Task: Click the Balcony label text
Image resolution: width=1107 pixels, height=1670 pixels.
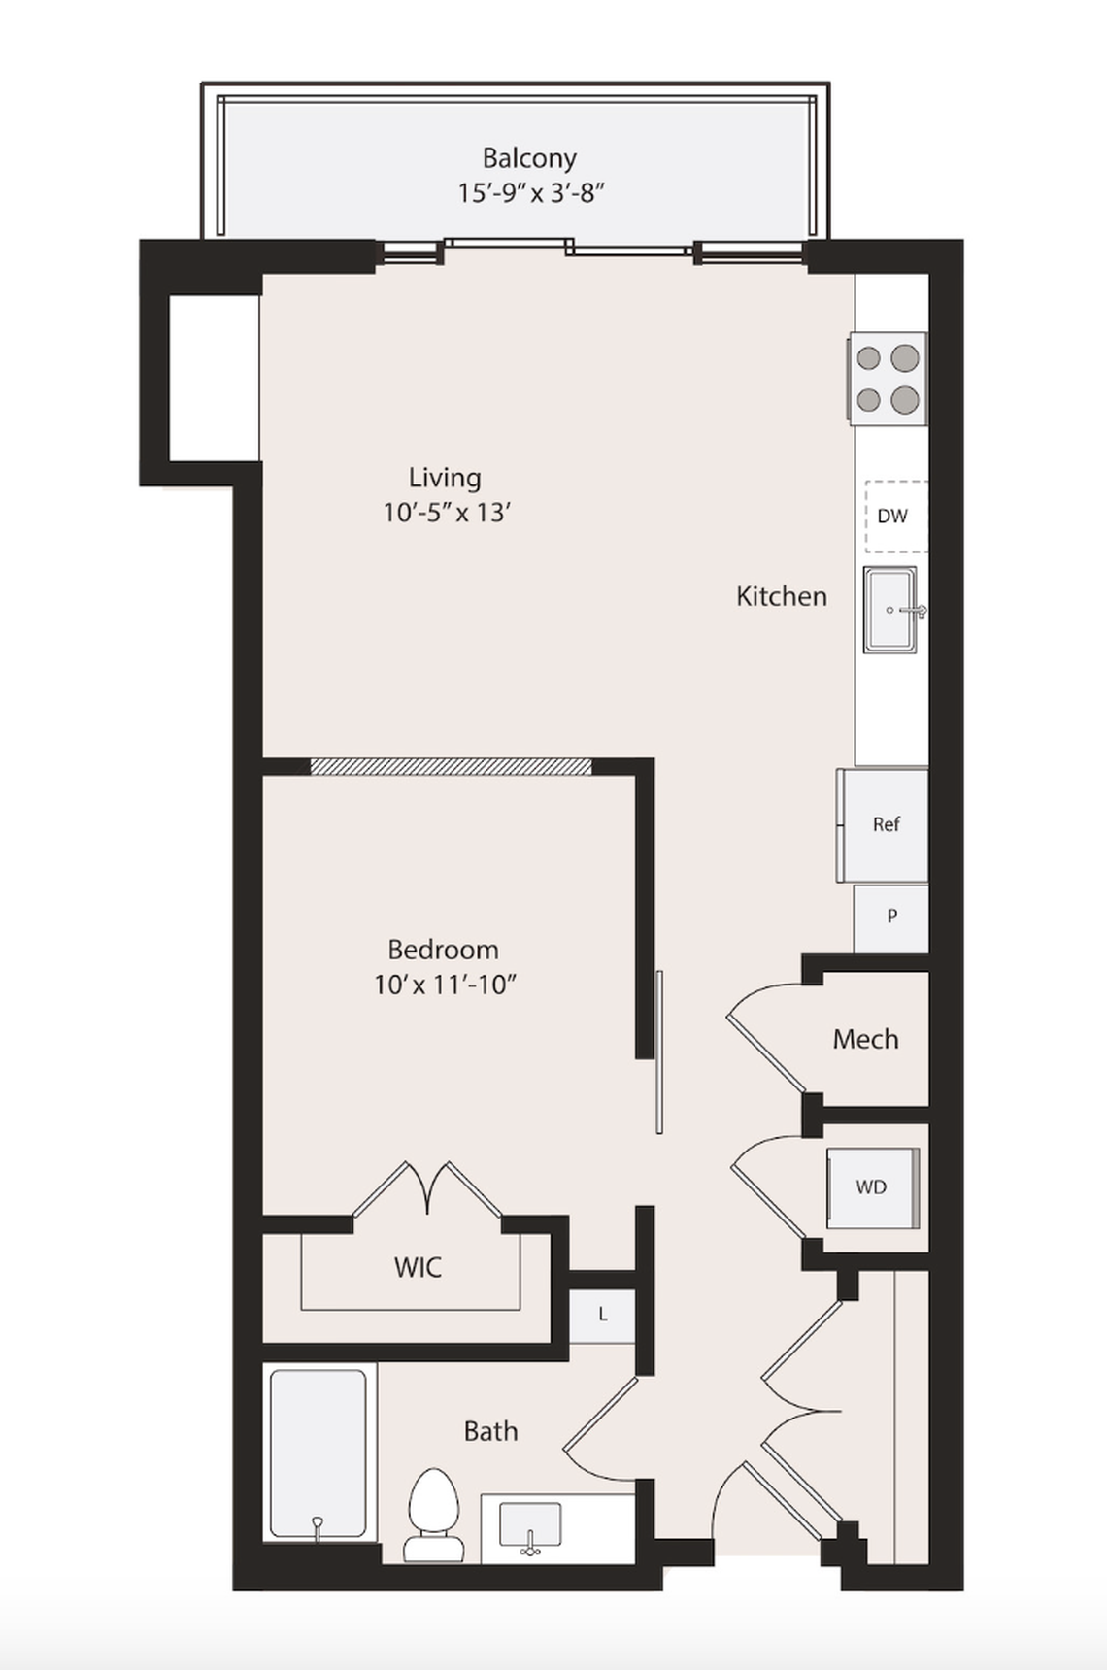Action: [529, 157]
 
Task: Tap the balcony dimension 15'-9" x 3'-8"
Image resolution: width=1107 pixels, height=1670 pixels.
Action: [531, 192]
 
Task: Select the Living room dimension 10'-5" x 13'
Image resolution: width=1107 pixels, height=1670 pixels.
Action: [447, 512]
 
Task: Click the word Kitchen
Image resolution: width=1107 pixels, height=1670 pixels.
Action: [781, 596]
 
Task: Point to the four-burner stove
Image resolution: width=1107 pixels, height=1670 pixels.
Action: [888, 379]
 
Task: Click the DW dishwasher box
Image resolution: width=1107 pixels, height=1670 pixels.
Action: [893, 517]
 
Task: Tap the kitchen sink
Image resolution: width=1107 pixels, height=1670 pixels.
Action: [889, 610]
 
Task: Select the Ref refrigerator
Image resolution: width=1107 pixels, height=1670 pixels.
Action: [885, 824]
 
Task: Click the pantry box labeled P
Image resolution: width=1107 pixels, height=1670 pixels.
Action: [891, 917]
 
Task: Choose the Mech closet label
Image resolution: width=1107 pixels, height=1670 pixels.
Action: [865, 1040]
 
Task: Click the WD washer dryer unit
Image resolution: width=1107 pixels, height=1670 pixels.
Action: [871, 1187]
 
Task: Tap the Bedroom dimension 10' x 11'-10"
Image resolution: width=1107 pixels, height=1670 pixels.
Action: [444, 985]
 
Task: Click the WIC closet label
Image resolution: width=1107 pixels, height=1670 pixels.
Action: [418, 1267]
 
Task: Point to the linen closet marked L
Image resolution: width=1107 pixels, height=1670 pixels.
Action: [602, 1316]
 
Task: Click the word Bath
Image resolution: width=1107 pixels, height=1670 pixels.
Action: [490, 1431]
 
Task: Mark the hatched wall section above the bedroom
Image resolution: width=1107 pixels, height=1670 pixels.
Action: [451, 767]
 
